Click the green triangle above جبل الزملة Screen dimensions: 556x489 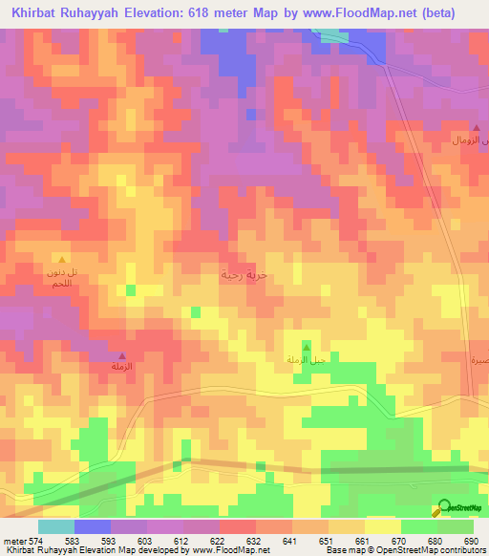(x=306, y=345)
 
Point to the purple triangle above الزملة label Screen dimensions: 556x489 (x=121, y=356)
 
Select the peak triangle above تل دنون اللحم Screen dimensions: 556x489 (x=62, y=259)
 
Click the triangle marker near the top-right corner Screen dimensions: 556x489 (x=477, y=127)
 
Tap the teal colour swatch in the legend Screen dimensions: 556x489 (x=56, y=526)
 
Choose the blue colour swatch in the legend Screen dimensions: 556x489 (x=93, y=526)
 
